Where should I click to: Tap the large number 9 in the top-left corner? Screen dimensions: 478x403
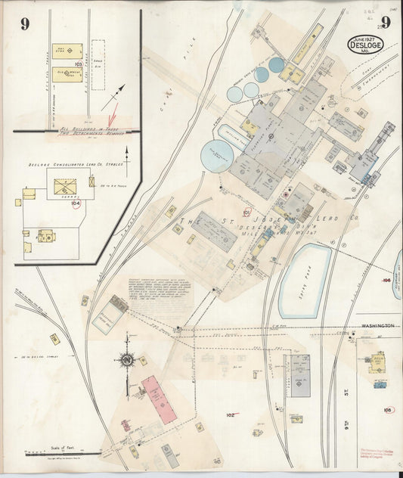point(25,23)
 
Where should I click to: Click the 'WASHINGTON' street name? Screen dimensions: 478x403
point(378,325)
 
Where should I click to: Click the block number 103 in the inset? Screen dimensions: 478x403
point(78,65)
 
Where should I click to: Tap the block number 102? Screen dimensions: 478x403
point(231,414)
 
